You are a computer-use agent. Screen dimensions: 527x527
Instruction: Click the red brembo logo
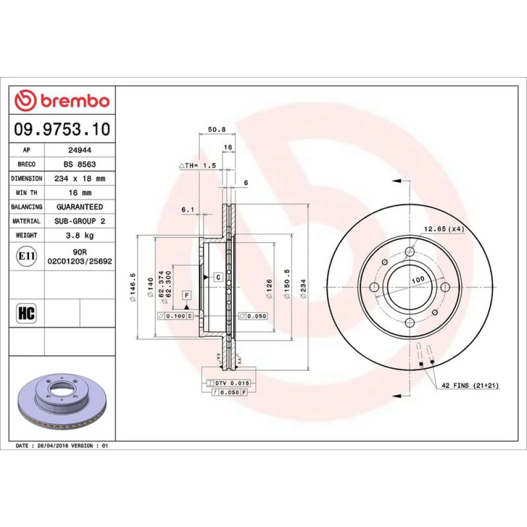62,101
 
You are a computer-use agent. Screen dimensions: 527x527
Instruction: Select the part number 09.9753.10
62,130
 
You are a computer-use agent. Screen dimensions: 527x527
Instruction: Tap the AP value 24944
80,150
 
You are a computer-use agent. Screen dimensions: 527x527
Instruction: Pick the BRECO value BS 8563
80,164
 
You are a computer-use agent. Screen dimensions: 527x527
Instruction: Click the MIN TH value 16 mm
80,193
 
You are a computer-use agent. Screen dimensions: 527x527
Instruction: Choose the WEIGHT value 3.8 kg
80,235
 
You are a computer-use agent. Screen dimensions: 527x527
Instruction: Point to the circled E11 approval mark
26,256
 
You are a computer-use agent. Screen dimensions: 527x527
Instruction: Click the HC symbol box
26,313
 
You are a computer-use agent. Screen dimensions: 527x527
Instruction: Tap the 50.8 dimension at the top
217,130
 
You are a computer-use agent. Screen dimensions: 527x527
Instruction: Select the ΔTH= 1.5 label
197,165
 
